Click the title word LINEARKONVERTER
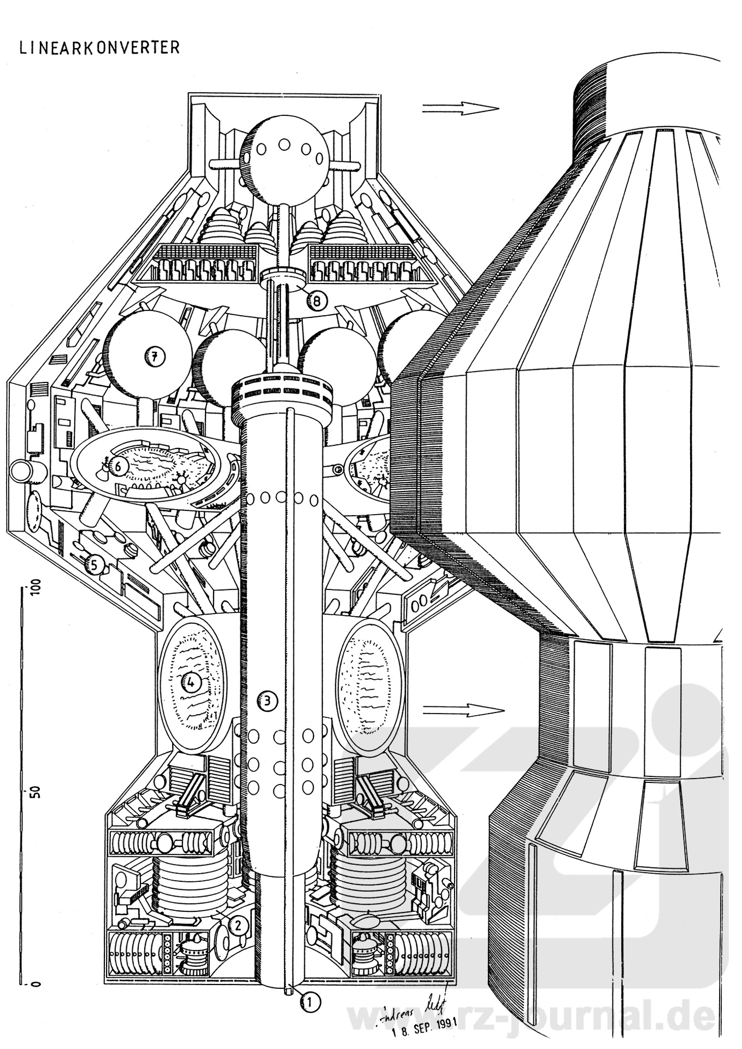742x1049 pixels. (x=99, y=48)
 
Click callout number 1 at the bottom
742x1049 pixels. (x=309, y=1002)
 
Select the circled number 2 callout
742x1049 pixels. (x=238, y=925)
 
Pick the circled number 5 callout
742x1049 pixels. (x=94, y=566)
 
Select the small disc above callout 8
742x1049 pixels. (x=282, y=274)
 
